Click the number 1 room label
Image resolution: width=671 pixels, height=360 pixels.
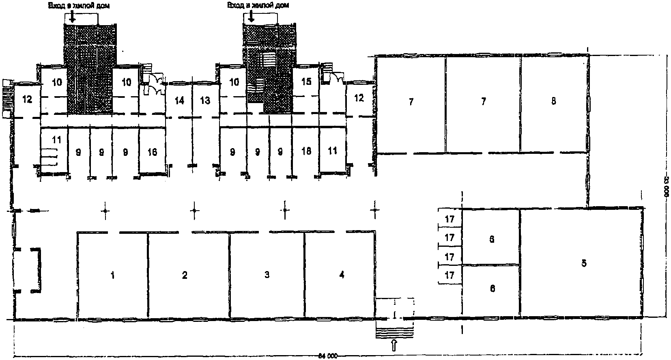click(112, 276)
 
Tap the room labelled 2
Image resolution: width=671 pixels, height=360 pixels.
click(185, 276)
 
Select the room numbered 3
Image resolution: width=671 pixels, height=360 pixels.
click(267, 275)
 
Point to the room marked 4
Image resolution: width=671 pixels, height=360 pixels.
click(342, 275)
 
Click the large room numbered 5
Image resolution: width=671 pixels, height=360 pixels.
click(583, 263)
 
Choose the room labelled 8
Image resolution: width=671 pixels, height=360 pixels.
click(553, 101)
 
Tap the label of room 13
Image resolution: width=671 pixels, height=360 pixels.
click(205, 100)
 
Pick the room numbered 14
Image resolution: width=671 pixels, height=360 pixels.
click(179, 100)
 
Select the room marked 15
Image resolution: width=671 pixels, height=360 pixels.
click(306, 82)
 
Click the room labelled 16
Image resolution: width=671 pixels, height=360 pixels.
click(152, 152)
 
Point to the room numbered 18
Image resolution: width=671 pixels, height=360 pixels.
click(306, 151)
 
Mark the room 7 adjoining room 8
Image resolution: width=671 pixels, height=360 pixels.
click(483, 101)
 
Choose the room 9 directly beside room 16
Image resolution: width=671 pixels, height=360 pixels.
click(125, 152)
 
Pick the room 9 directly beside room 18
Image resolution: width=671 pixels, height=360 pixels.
click(280, 152)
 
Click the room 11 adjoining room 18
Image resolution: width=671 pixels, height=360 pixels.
click(332, 151)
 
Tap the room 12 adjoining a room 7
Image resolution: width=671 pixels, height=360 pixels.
click(359, 98)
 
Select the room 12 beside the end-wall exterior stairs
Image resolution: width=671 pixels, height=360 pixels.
click(27, 99)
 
